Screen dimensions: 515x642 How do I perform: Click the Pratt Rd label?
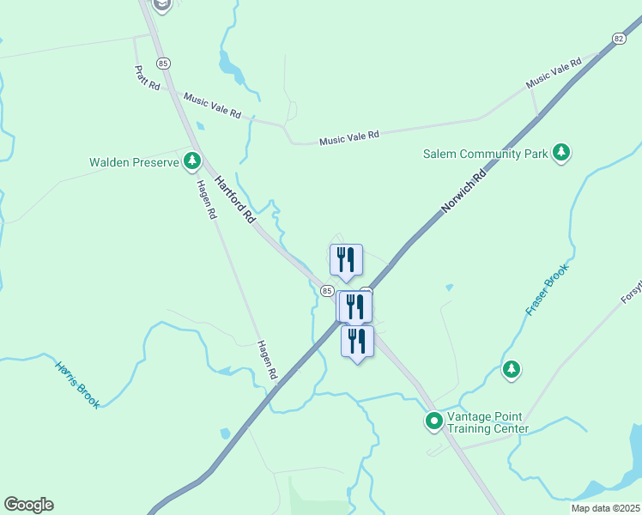(147, 77)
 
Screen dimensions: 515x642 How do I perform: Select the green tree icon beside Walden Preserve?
(192, 161)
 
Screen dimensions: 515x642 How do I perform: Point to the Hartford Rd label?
(235, 200)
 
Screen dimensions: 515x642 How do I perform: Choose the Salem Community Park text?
(485, 154)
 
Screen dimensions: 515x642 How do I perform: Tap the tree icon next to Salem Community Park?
(561, 153)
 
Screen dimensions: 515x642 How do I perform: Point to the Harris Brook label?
(77, 382)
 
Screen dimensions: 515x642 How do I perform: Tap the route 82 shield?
(619, 39)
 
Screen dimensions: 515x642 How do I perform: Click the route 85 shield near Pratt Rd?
(164, 63)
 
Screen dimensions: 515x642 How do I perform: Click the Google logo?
(28, 505)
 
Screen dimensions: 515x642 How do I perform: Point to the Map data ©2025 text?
(605, 508)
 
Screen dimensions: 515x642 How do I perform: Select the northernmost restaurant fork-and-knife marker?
(346, 258)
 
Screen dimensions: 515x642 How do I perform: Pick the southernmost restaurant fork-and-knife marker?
(357, 341)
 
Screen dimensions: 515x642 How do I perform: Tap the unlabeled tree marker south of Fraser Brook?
(512, 369)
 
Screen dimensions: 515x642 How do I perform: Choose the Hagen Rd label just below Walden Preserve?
(205, 199)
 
